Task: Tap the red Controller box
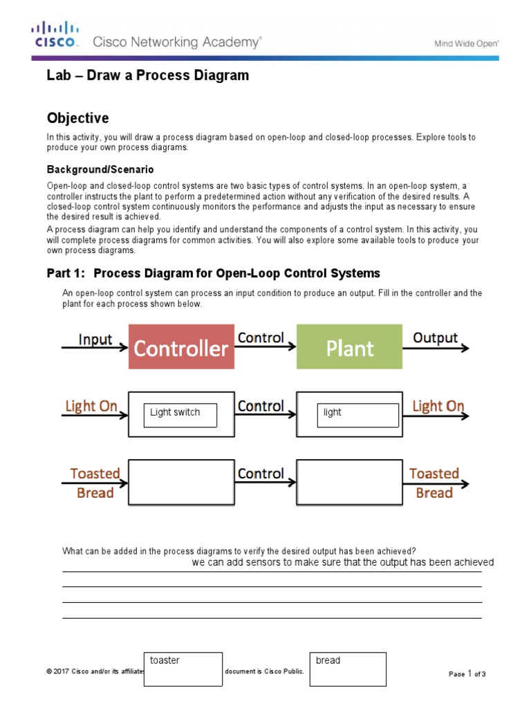[180, 347]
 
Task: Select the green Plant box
[349, 347]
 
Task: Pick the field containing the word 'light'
[357, 415]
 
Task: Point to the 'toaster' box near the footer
[183, 669]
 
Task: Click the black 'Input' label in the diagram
[95, 339]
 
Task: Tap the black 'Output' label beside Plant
[435, 337]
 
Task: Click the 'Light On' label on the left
[91, 406]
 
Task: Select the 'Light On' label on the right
[438, 406]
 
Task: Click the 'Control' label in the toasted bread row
[261, 474]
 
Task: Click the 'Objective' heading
[77, 118]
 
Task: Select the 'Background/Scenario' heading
[100, 169]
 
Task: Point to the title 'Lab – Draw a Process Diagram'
[147, 75]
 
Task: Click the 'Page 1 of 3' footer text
[467, 673]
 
